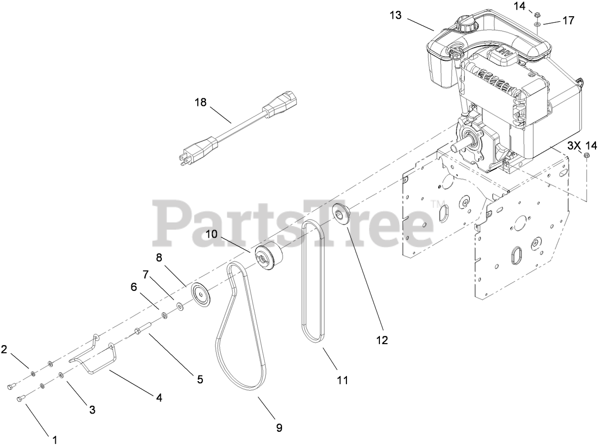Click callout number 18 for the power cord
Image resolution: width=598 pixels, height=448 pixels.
click(200, 102)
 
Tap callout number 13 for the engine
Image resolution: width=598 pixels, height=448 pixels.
click(396, 15)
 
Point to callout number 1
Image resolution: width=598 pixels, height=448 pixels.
click(54, 439)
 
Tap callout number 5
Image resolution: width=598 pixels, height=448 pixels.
click(200, 379)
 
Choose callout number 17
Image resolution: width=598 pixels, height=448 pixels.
click(568, 20)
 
